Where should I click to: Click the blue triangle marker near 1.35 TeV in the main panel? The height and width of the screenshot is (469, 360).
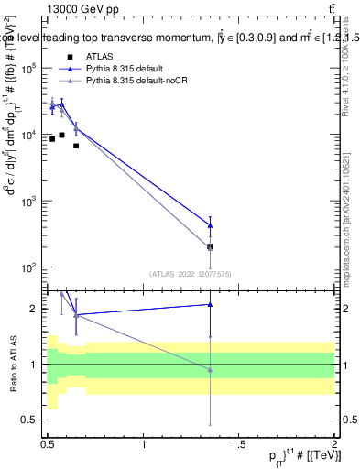[x=211, y=225]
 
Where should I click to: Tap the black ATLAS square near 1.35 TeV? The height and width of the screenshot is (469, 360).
[x=211, y=247]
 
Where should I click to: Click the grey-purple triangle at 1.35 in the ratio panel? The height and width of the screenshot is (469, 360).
[x=211, y=370]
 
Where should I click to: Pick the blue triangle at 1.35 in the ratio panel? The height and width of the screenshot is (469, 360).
[x=211, y=304]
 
